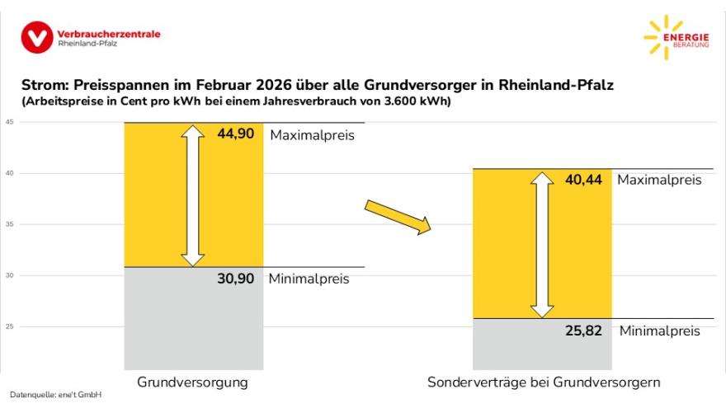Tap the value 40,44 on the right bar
(585, 180)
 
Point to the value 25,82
(585, 331)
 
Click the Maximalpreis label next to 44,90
(312, 134)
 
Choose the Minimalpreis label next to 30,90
(309, 279)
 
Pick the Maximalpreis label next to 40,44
(659, 180)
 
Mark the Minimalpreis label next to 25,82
(659, 331)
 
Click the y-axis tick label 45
(9, 122)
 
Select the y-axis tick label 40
(9, 173)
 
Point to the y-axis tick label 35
(9, 224)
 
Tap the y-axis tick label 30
(9, 275)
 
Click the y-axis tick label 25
(9, 326)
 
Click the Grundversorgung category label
(192, 382)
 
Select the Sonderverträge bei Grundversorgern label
(544, 382)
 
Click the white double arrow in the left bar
(193, 195)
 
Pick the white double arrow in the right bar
(542, 245)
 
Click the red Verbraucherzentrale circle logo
(37, 37)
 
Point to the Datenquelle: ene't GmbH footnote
(55, 396)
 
